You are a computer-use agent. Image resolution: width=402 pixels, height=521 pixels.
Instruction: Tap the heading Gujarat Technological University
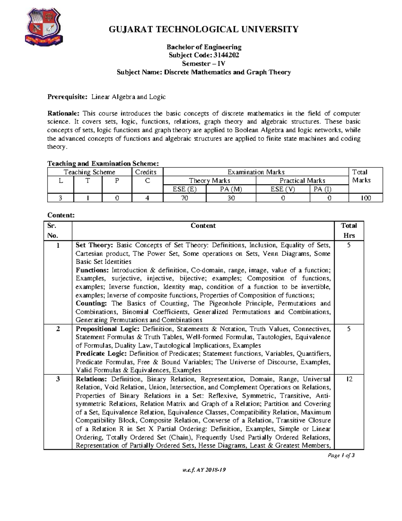coord(203,29)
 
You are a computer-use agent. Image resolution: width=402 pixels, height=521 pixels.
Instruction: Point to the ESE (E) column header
coord(184,189)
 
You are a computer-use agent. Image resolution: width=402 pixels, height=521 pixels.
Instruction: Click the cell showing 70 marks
coord(184,198)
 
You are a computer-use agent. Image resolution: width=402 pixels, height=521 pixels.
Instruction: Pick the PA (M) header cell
coord(231,189)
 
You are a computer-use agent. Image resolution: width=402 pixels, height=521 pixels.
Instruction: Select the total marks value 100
coord(365,198)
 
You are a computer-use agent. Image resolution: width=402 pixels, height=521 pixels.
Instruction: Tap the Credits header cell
coord(146,172)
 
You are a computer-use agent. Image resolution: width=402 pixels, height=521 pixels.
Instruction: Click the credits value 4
coord(147,198)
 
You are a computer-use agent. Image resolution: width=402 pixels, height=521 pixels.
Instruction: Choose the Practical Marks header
coord(302,180)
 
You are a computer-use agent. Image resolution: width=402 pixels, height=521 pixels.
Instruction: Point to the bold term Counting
coord(91,303)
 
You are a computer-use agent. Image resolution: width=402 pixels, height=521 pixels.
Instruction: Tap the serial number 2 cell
coord(58,329)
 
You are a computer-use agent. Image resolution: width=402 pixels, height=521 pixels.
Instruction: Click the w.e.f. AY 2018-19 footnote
coord(204,470)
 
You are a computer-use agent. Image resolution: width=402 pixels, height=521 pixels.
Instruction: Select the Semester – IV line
coord(203,63)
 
